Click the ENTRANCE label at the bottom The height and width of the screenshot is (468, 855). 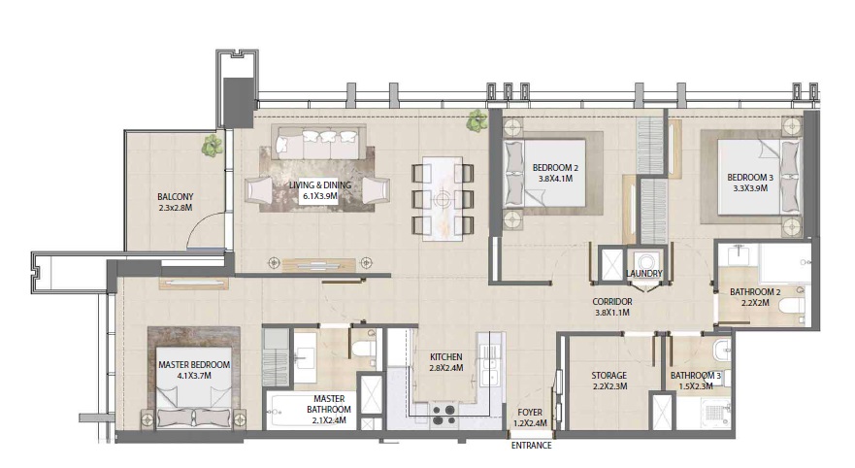[x=531, y=446]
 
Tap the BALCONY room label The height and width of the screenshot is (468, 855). [x=177, y=195]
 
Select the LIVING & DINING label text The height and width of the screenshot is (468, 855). [x=319, y=184]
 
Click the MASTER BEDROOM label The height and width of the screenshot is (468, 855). [x=193, y=364]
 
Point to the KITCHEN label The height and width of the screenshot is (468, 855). [x=445, y=356]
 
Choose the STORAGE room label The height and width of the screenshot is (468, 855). [x=608, y=375]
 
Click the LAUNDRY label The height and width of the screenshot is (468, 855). [x=644, y=274]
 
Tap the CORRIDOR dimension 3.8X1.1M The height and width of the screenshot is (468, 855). [x=612, y=314]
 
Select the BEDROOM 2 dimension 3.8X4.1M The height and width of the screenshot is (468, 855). [x=554, y=180]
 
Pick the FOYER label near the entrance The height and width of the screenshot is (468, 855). [x=530, y=413]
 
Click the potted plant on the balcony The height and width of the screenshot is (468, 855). [x=211, y=146]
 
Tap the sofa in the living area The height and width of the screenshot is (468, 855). [x=316, y=145]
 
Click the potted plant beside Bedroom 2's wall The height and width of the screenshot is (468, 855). [x=476, y=121]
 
